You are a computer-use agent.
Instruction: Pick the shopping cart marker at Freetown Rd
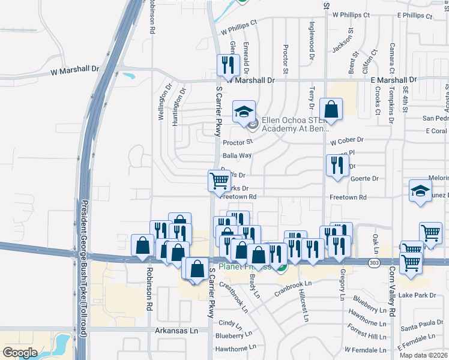click(220, 180)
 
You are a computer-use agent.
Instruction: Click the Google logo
click(20, 353)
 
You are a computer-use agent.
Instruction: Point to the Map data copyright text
click(424, 355)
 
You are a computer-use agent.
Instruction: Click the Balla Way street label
click(237, 155)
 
